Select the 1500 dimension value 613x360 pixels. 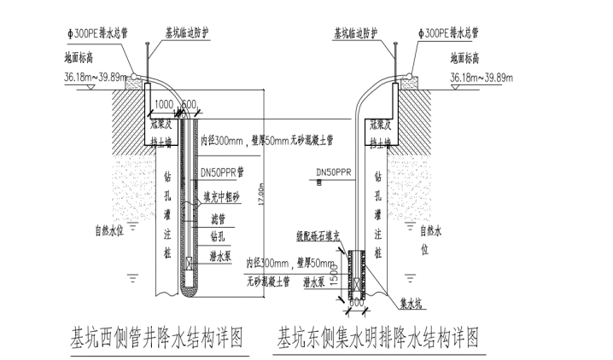tap(337, 271)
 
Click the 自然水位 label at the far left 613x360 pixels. tap(111, 229)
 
